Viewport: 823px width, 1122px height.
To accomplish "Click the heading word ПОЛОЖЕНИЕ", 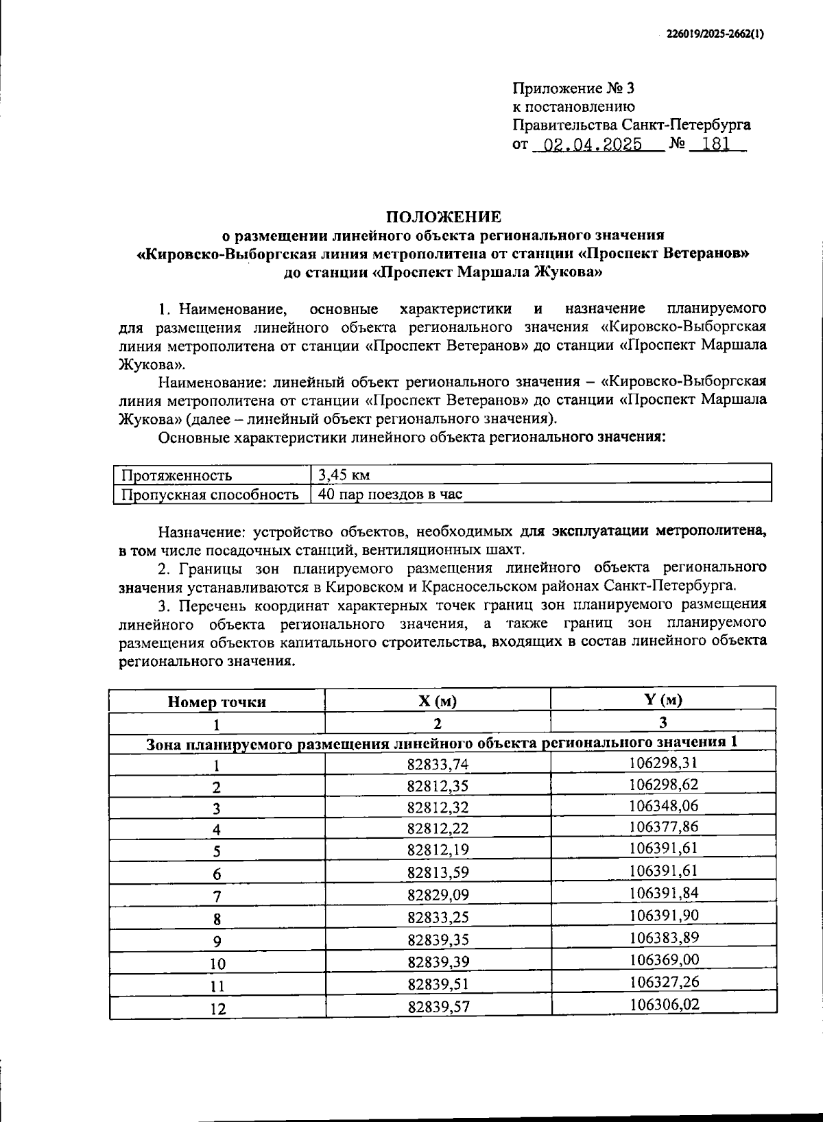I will click(443, 217).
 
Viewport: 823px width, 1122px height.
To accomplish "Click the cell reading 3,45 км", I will click(344, 475).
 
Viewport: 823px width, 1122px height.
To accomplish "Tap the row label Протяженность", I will click(176, 475).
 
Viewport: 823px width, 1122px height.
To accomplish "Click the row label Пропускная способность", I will click(209, 494).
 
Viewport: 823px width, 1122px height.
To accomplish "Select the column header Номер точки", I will click(217, 702).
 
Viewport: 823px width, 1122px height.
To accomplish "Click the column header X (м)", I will click(438, 701).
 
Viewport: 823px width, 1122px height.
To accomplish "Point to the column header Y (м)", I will click(663, 700).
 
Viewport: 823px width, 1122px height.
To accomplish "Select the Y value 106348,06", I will click(663, 805).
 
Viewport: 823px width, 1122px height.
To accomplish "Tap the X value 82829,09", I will click(438, 894).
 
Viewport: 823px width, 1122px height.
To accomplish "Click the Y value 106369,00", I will click(663, 959).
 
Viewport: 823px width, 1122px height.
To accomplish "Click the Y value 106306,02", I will click(663, 1004).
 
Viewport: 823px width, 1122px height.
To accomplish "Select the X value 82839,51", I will click(438, 985).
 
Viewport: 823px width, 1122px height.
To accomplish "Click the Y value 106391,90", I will click(663, 915).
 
